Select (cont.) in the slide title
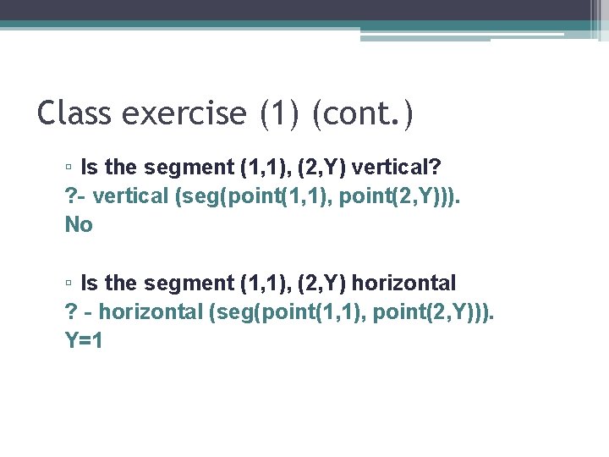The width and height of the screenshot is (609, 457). (x=363, y=112)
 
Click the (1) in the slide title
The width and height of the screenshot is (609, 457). (x=278, y=112)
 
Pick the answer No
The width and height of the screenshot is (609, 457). (x=79, y=224)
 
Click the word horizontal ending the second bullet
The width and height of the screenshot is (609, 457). (x=403, y=283)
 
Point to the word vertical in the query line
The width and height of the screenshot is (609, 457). (x=131, y=195)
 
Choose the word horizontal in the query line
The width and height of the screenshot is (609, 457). (x=151, y=311)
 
